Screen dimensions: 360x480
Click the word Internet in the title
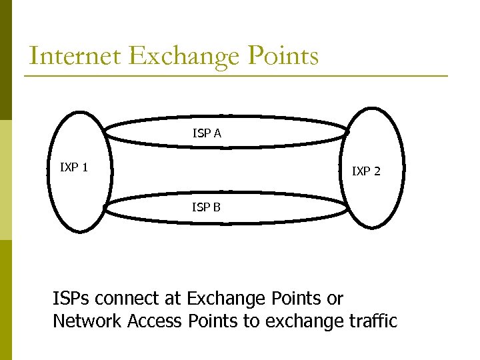(x=75, y=56)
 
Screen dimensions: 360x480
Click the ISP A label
(x=207, y=133)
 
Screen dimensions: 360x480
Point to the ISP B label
(x=206, y=207)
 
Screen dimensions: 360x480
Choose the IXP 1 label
(x=74, y=167)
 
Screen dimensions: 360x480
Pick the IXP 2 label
(x=366, y=171)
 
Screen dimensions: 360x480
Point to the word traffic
(x=373, y=321)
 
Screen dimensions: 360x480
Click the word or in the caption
(x=335, y=299)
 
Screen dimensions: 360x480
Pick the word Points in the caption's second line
(x=211, y=321)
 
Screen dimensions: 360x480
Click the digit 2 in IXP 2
(x=377, y=171)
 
